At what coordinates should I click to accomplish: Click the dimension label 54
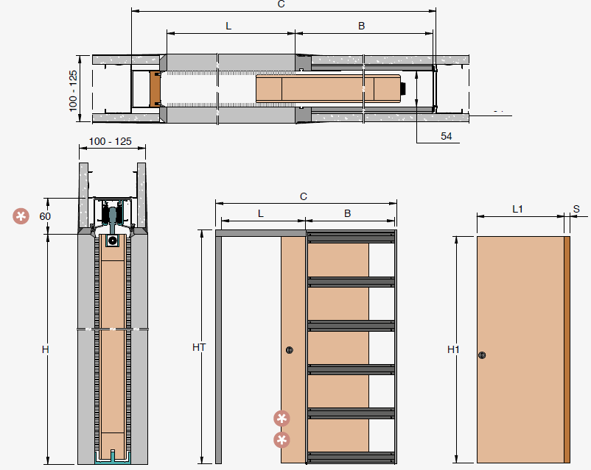(447, 136)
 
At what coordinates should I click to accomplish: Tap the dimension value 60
(45, 216)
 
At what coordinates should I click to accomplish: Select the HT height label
(199, 347)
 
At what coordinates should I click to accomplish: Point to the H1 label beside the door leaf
(453, 349)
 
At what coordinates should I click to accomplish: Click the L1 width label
(517, 209)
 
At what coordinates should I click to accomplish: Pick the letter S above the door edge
(576, 209)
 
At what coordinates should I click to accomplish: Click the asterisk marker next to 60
(21, 216)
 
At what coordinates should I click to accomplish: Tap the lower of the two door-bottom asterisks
(281, 440)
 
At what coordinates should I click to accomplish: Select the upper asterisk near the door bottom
(281, 418)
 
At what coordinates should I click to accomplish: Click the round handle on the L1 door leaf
(482, 355)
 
